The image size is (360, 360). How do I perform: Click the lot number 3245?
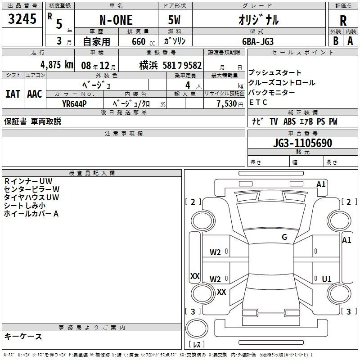[x=22, y=19]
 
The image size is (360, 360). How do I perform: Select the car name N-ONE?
[x=116, y=20]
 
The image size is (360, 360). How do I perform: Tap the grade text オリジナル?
[x=258, y=20]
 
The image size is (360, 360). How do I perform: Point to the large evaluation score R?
[x=343, y=21]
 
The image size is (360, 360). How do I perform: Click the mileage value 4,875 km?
[x=56, y=64]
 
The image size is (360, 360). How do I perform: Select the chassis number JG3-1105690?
[x=303, y=144]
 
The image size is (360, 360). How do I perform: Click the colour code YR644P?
[x=75, y=103]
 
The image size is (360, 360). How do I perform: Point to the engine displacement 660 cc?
[x=136, y=41]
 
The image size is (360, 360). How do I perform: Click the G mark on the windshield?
[x=284, y=237]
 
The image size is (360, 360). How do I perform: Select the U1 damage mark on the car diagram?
[x=326, y=279]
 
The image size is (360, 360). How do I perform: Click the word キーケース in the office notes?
[x=23, y=337]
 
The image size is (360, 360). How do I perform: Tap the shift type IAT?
[x=13, y=94]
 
